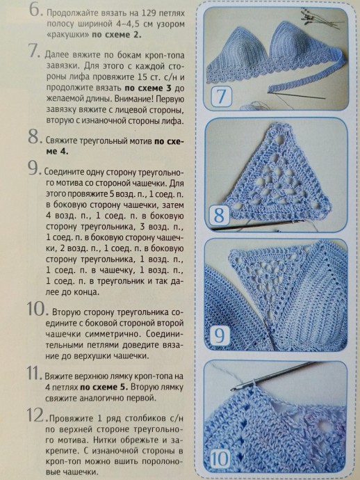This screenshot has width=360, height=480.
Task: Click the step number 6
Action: coord(35,10)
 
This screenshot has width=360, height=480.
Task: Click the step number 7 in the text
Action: coord(33,51)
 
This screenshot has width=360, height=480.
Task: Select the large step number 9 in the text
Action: coord(34,168)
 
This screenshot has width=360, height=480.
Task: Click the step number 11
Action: coord(34,373)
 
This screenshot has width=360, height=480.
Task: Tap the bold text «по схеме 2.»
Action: coord(117,35)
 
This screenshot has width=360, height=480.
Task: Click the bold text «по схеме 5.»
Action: coord(104,387)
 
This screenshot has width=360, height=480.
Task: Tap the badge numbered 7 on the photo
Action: coord(222,96)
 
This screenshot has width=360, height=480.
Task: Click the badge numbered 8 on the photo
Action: coord(219,215)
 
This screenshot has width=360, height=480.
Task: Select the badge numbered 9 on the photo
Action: coord(220,335)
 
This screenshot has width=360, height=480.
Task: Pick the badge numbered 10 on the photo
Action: coord(220,458)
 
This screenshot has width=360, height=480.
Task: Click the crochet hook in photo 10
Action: coord(273,376)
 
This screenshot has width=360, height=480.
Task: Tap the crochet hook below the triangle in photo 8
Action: coord(258,225)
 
